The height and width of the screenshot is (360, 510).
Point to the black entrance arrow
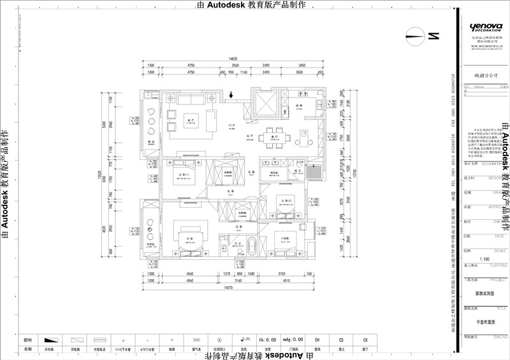coord(231,96)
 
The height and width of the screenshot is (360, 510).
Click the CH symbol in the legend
coord(317,340)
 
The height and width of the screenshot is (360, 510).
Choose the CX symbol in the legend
coord(365,340)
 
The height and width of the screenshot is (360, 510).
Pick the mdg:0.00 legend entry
coord(293,340)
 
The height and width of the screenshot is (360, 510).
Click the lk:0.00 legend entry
coord(268,340)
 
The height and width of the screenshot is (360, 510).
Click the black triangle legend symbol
coord(48,340)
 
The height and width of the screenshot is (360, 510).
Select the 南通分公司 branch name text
coord(485,75)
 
